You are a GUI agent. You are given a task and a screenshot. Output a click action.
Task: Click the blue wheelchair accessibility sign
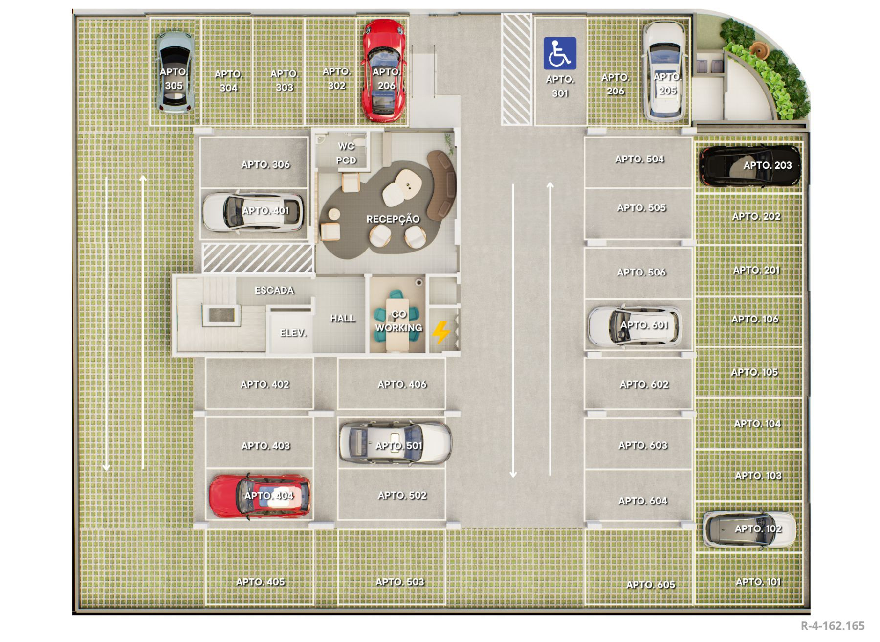pyautogui.click(x=560, y=53)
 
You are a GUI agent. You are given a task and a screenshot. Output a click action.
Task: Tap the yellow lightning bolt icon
pyautogui.click(x=441, y=332)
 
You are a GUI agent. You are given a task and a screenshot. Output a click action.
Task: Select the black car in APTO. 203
pyautogui.click(x=749, y=166)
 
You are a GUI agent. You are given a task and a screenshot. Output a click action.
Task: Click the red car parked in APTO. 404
pyautogui.click(x=260, y=496)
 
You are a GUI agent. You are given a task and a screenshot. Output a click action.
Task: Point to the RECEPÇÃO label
pyautogui.click(x=393, y=219)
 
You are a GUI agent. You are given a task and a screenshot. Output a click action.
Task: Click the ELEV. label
pyautogui.click(x=293, y=333)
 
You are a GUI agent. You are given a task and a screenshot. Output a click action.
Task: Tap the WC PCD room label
pyautogui.click(x=346, y=153)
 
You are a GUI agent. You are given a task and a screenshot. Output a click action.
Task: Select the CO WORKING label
pyautogui.click(x=398, y=321)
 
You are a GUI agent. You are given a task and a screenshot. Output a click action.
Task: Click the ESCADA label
pyautogui.click(x=274, y=290)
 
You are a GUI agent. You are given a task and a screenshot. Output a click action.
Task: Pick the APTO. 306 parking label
pyautogui.click(x=265, y=165)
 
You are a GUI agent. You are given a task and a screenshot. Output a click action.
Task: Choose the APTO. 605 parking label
pyautogui.click(x=651, y=585)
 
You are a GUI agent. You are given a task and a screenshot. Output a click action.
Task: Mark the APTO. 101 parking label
pyautogui.click(x=758, y=582)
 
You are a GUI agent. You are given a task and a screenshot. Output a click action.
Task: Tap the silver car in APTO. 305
pyautogui.click(x=175, y=72)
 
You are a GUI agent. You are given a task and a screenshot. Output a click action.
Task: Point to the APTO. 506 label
pyautogui.click(x=641, y=273)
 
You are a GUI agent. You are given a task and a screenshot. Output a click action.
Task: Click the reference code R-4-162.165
pyautogui.click(x=833, y=626)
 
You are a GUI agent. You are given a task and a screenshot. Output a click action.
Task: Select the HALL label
pyautogui.click(x=342, y=319)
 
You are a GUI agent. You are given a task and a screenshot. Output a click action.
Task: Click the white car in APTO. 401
pyautogui.click(x=253, y=212)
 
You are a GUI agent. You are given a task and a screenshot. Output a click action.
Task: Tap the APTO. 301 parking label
pyautogui.click(x=560, y=86)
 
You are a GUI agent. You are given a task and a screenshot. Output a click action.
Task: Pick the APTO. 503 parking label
pyautogui.click(x=400, y=582)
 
